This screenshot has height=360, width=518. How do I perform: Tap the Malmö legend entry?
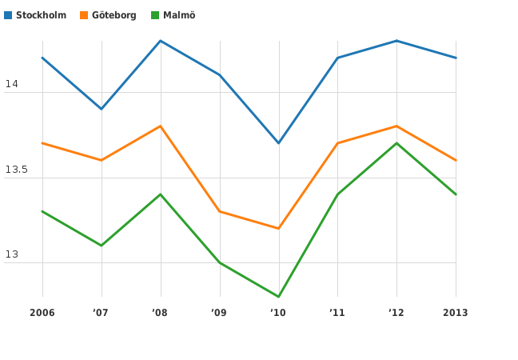click(x=178, y=15)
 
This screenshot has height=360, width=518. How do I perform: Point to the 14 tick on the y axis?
click(x=11, y=84)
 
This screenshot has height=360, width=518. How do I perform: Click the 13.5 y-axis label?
click(x=16, y=170)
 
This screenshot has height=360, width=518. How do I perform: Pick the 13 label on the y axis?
click(x=11, y=255)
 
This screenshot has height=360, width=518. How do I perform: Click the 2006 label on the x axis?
click(x=42, y=313)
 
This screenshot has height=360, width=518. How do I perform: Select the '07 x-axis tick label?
click(x=101, y=313)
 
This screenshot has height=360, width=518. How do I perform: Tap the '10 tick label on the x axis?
click(x=278, y=313)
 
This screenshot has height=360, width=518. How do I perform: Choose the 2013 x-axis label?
click(x=456, y=313)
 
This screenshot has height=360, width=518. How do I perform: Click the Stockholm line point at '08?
click(x=161, y=41)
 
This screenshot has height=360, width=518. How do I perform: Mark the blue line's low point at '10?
click(x=278, y=143)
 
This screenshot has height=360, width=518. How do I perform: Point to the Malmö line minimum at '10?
click(x=278, y=297)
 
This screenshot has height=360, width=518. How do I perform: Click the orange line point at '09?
click(x=220, y=211)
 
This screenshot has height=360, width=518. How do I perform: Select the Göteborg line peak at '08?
click(x=161, y=126)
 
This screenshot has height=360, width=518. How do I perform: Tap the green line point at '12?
click(x=396, y=143)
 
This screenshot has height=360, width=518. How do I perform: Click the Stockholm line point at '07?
click(x=102, y=109)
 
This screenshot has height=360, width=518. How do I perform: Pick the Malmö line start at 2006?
click(x=42, y=211)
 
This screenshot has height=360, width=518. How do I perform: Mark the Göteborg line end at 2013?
click(x=456, y=160)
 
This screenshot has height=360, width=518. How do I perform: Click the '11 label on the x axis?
click(x=337, y=313)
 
